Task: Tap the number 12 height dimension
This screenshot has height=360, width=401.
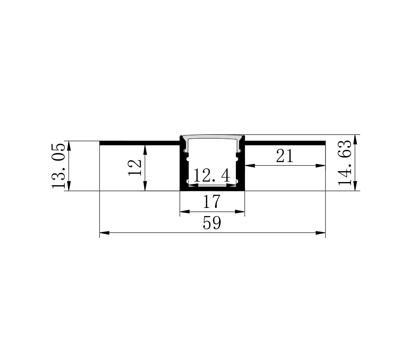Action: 135,168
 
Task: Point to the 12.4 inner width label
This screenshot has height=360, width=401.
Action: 211,176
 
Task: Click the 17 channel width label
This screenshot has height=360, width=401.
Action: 211,202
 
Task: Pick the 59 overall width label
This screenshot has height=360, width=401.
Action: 212,223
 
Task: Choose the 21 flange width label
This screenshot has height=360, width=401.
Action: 284,156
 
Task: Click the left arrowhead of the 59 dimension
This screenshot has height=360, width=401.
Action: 104,233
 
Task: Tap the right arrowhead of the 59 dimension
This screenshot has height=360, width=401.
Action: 321,233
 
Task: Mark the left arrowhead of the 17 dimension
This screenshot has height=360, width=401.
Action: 185,212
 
